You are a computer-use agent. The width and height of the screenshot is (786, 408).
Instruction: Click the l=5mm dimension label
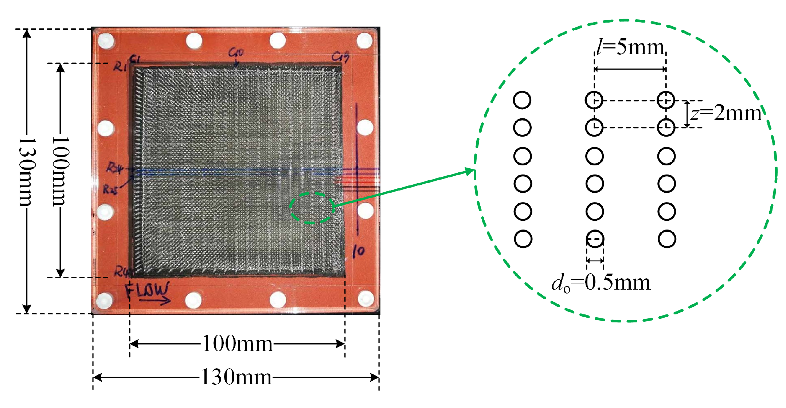[x=630, y=48]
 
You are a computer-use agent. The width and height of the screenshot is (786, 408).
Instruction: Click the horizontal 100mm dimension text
[x=237, y=344]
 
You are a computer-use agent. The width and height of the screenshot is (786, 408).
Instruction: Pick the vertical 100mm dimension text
[x=60, y=171]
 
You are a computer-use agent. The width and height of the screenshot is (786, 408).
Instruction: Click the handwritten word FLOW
[x=147, y=290]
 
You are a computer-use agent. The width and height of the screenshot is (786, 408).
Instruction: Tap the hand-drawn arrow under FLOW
[x=155, y=300]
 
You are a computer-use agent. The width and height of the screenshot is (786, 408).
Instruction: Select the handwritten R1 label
[x=120, y=67]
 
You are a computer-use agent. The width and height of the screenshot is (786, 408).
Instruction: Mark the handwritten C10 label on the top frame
[x=236, y=53]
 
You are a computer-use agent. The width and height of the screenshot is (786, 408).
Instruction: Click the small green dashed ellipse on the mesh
[x=312, y=208]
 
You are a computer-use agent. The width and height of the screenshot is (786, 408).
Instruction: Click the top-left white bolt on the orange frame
[x=105, y=41]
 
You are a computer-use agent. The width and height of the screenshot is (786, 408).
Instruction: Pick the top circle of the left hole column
[x=522, y=100]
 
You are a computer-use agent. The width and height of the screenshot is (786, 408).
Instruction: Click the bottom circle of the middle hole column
[x=595, y=239]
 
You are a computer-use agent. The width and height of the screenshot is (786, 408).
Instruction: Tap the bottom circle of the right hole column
[x=667, y=239]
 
